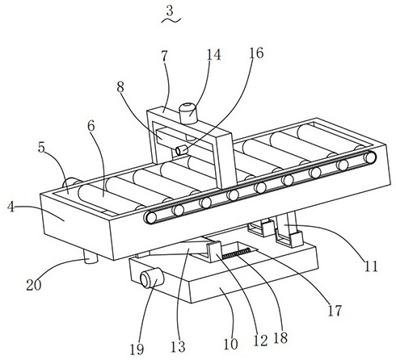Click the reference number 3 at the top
(x=170, y=10)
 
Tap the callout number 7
(x=164, y=57)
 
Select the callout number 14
(x=213, y=55)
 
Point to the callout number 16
(x=256, y=53)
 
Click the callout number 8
(x=120, y=87)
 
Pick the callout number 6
(x=91, y=125)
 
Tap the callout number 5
(x=41, y=147)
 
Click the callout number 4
(x=11, y=207)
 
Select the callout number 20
(x=34, y=285)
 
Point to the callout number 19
(x=137, y=350)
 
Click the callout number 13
(x=178, y=346)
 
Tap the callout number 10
(x=231, y=344)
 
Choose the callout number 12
(x=260, y=341)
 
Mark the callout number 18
(x=280, y=337)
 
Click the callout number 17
(x=335, y=310)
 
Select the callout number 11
(x=371, y=266)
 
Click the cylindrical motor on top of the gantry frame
(x=188, y=113)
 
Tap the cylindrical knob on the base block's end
(x=152, y=278)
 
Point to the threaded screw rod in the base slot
(x=236, y=253)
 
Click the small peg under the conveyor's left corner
(x=91, y=257)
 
